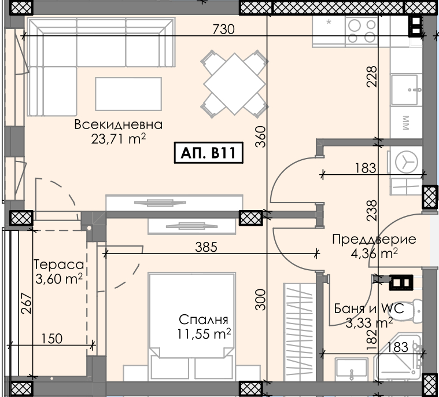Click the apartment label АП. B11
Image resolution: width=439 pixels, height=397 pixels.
[209, 153]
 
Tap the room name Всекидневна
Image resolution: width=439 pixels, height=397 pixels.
[119, 124]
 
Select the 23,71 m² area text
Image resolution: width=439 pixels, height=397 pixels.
[119, 138]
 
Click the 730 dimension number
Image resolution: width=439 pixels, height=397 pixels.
[223, 29]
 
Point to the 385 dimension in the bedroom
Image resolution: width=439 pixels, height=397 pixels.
[206, 247]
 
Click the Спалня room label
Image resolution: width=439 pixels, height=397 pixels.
[204, 319]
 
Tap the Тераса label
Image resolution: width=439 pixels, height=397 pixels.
[59, 264]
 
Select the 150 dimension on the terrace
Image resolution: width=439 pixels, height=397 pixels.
[52, 339]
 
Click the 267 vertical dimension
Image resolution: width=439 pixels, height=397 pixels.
[27, 303]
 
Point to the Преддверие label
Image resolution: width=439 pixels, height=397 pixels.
[374, 240]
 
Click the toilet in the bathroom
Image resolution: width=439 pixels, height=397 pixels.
[418, 311]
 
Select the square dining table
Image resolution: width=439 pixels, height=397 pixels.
[235, 84]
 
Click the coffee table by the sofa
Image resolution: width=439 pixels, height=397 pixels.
[128, 94]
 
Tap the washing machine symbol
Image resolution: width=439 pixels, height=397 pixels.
[406, 162]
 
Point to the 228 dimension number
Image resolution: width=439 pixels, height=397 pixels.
[372, 76]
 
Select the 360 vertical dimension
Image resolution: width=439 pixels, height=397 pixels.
[261, 137]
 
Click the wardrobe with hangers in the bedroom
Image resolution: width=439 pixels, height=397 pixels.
[300, 332]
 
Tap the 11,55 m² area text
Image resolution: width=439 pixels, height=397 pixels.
[204, 333]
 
